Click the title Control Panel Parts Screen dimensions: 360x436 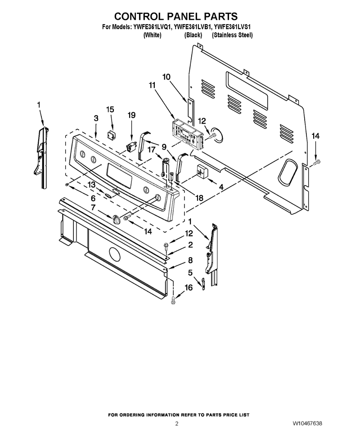175,16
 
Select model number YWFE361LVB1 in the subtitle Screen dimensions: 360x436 193,27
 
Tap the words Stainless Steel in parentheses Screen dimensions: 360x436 232,35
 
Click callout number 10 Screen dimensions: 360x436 166,77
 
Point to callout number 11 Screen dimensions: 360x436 152,85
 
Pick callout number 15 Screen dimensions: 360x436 110,110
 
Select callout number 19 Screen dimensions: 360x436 131,115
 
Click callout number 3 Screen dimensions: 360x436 96,118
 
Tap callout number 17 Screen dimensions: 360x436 151,150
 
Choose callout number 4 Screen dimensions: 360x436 221,187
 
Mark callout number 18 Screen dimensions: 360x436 199,198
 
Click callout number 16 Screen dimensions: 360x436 189,287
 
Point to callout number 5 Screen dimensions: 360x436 190,273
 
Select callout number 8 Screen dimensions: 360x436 190,260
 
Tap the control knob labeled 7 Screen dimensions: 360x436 117,219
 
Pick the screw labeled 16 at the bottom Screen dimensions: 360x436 173,301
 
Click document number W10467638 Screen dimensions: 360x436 307,423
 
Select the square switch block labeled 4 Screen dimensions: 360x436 202,170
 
